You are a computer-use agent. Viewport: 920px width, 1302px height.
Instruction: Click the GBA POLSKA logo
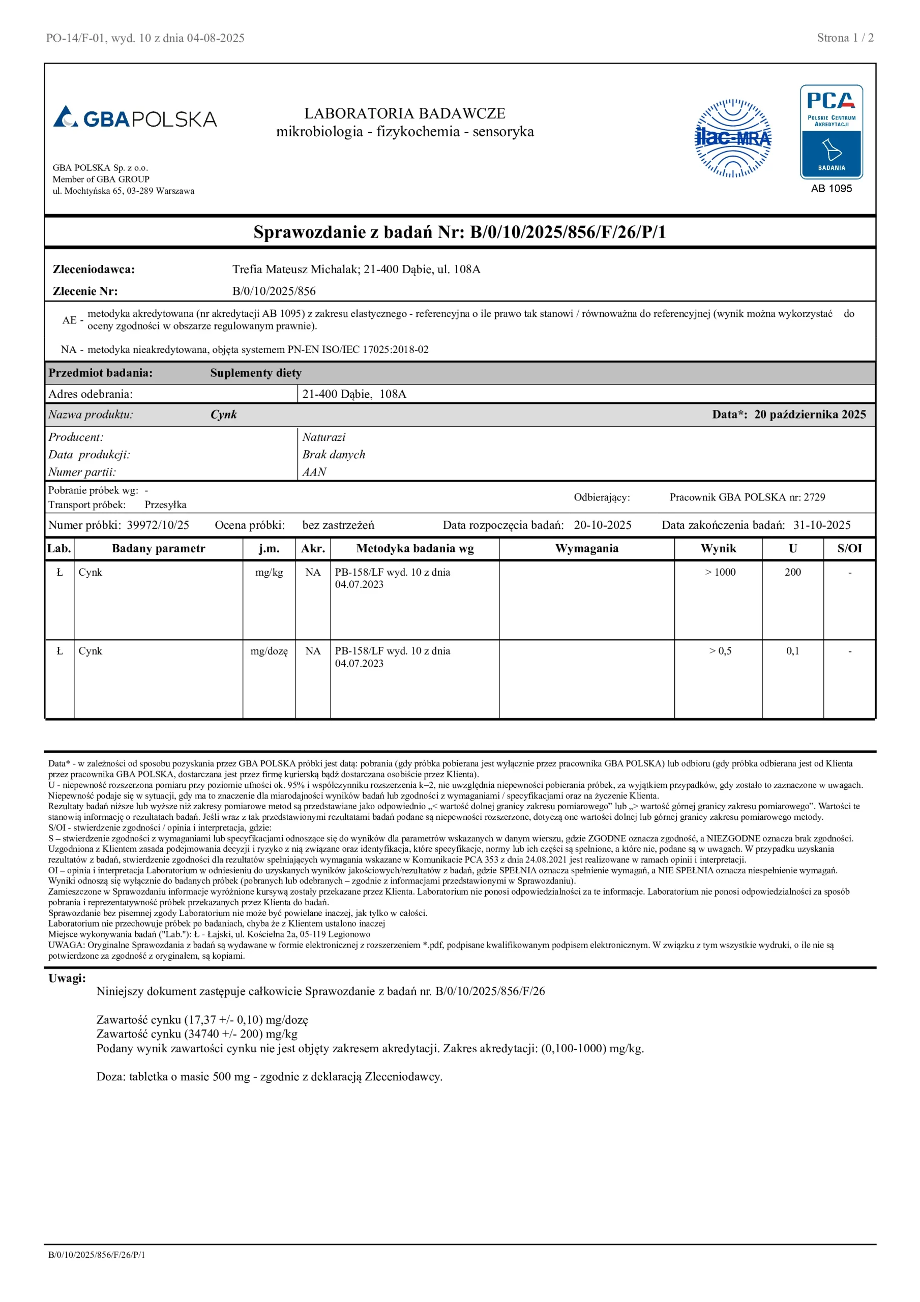135,117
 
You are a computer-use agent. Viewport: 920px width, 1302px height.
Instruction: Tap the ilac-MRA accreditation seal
733,138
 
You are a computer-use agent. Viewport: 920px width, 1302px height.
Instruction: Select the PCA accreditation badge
831,132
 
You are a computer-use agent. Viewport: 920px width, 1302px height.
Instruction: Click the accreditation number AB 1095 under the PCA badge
831,189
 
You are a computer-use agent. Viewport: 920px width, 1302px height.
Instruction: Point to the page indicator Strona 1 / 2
845,38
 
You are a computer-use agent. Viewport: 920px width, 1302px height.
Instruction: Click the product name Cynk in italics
223,415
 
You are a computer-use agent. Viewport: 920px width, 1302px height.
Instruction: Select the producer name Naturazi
323,437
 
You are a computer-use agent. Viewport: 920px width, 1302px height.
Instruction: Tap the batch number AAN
314,472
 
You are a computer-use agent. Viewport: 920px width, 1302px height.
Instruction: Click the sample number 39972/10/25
158,525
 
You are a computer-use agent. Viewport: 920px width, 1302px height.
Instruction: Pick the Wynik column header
718,548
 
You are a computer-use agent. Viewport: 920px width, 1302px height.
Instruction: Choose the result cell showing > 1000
720,572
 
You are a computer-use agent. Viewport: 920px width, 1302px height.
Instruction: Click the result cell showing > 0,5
720,651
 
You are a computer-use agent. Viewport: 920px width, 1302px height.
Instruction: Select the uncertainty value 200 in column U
792,572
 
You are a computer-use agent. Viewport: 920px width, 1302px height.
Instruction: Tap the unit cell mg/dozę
269,651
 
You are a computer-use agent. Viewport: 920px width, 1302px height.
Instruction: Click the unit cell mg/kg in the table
269,572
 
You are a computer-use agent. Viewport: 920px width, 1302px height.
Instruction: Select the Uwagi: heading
67,978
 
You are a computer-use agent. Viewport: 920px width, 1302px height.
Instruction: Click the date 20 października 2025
810,415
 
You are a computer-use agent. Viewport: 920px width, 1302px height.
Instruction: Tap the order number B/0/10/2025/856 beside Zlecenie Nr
274,291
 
